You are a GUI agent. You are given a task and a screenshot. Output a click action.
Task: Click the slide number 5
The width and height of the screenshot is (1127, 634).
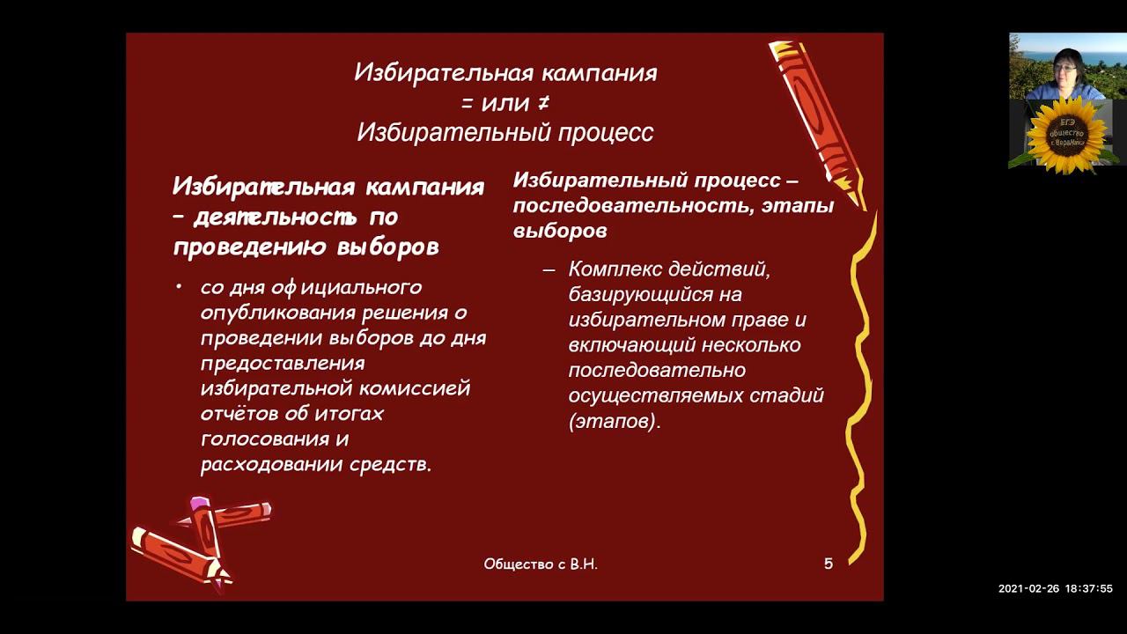point(829,564)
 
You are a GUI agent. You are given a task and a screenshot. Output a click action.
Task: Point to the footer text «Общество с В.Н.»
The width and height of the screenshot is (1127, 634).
point(541,564)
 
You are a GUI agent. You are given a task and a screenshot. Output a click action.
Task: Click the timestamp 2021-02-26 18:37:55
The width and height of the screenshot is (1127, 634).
point(1055,589)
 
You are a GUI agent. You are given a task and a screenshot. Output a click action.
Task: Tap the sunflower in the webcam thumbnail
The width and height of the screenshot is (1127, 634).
point(1066,135)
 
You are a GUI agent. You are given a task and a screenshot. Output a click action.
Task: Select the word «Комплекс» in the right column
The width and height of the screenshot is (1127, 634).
point(615,269)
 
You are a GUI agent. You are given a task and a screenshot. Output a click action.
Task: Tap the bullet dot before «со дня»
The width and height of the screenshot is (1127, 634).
point(180,287)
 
